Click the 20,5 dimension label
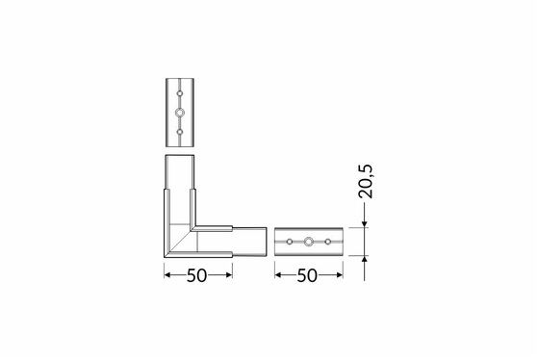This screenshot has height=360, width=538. tap(365, 182)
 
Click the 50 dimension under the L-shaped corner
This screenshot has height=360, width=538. tap(197, 275)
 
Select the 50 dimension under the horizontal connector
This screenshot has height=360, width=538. tap(307, 275)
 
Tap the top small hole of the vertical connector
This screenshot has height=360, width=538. tap(180, 93)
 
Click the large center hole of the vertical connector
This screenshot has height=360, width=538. tap(180, 113)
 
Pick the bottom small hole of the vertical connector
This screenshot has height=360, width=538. tap(180, 132)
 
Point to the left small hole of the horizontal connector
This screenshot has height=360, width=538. tap(290, 242)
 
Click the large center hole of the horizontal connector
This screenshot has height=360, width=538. tap(309, 242)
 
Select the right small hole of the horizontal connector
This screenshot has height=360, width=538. tap(327, 242)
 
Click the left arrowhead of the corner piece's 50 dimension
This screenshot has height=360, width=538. tap(167, 275)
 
